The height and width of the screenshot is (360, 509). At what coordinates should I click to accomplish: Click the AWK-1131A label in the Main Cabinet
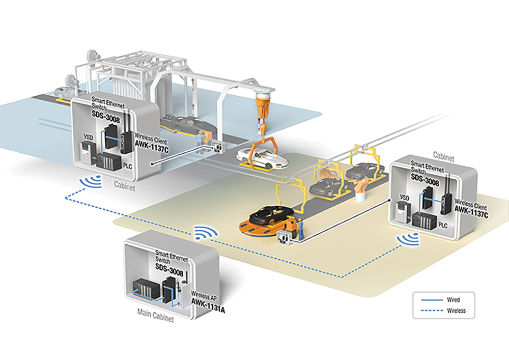pyautogui.click(x=208, y=306)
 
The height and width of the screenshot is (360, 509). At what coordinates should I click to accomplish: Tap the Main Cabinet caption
pyautogui.click(x=155, y=315)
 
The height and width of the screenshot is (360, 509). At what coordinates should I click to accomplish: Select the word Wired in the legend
pyautogui.click(x=453, y=300)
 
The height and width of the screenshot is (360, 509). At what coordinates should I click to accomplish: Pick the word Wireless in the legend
pyautogui.click(x=456, y=311)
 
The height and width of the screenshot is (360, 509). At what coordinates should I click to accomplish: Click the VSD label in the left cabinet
pyautogui.click(x=88, y=137)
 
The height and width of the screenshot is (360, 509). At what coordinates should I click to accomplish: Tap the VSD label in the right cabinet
pyautogui.click(x=405, y=198)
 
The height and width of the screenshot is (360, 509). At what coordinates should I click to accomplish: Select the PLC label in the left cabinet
pyautogui.click(x=128, y=166)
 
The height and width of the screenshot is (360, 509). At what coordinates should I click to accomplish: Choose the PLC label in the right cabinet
pyautogui.click(x=443, y=225)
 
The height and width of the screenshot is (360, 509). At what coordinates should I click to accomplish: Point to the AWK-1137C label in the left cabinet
pyautogui.click(x=152, y=146)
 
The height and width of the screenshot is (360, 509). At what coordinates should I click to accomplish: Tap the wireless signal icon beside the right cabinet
pyautogui.click(x=408, y=240)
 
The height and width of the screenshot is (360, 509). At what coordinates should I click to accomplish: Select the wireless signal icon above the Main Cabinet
pyautogui.click(x=206, y=232)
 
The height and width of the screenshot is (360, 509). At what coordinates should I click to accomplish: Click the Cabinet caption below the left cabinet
pyautogui.click(x=124, y=186)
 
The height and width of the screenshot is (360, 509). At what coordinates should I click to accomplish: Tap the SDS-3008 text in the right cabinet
pyautogui.click(x=425, y=180)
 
